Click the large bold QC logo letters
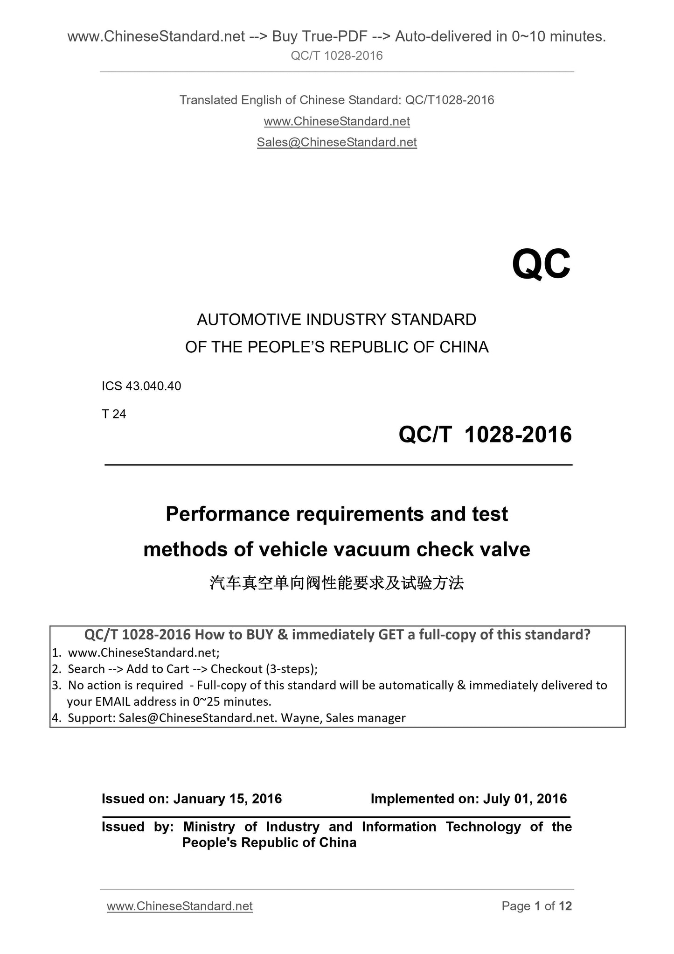[x=541, y=265]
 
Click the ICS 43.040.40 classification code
[x=141, y=386]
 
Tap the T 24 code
[x=114, y=414]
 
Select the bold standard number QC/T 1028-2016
[x=485, y=435]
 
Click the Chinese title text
[x=337, y=583]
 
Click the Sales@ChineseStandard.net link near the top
[x=337, y=142]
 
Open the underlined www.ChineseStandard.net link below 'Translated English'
[x=337, y=121]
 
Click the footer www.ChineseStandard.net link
[x=180, y=906]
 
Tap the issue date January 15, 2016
[x=228, y=799]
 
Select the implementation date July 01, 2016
[x=525, y=799]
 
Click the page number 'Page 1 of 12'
[x=536, y=906]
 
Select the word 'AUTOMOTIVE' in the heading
[x=250, y=320]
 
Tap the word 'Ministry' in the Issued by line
[x=209, y=827]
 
